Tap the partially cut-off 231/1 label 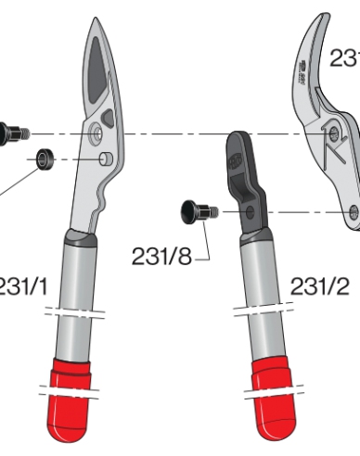[23, 286]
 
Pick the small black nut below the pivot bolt [44, 160]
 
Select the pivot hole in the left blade [96, 135]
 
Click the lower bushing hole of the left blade [108, 160]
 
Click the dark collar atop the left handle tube [81, 243]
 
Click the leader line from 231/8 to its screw [205, 243]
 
